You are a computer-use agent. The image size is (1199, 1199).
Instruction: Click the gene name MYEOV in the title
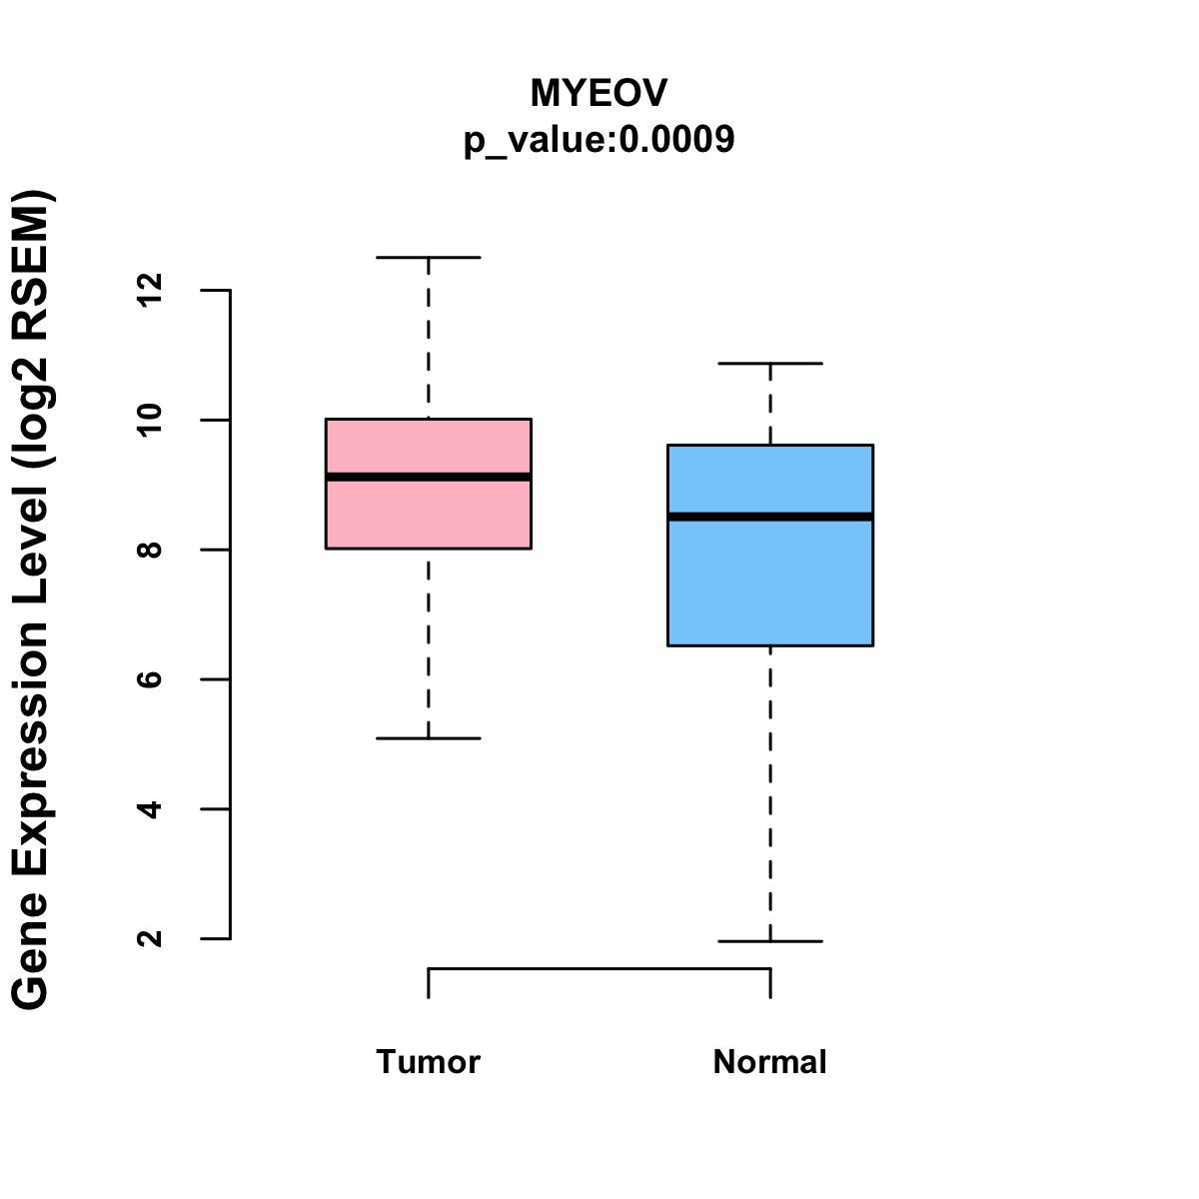coord(599,94)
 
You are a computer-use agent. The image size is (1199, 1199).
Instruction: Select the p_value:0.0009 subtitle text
coord(599,140)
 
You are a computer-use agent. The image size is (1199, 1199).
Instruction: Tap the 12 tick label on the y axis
coord(150,290)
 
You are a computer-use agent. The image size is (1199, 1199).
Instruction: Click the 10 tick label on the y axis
coord(150,420)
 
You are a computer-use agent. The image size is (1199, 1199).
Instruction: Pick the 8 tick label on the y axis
coord(150,550)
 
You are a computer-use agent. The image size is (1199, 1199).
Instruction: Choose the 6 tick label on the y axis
coord(150,679)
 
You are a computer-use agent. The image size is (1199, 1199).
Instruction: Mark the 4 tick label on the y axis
coord(150,808)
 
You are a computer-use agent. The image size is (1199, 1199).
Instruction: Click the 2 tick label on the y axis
coord(150,938)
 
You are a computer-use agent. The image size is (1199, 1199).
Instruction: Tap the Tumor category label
coord(428,1062)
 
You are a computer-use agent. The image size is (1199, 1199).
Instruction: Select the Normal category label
coord(769,1062)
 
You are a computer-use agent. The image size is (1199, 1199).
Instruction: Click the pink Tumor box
coord(429,515)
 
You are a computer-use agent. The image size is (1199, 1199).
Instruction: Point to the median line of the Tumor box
coord(429,477)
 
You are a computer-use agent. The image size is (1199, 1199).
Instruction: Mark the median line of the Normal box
coord(770,517)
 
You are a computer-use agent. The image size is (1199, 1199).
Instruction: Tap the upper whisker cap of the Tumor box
coord(429,258)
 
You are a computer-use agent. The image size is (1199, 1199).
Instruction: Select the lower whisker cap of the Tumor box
coord(429,738)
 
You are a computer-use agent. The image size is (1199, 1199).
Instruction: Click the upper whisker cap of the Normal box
coord(770,364)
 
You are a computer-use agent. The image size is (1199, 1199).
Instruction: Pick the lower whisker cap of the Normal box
coord(770,941)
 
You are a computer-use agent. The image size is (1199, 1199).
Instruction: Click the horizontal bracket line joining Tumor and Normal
coord(599,968)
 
